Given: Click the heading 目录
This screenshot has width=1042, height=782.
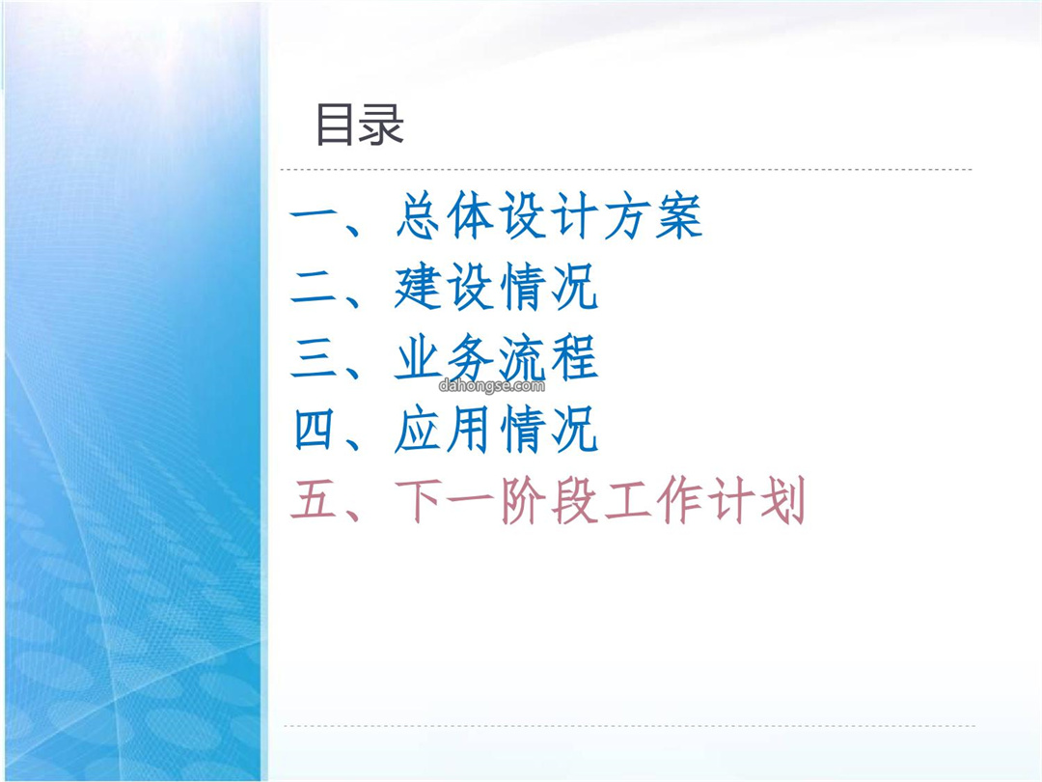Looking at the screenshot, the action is click(360, 125).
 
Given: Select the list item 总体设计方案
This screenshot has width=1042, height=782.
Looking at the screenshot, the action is click(549, 215).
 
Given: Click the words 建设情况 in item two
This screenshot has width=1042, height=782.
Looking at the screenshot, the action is click(497, 287).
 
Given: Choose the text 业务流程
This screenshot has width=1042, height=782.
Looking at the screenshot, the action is click(497, 358).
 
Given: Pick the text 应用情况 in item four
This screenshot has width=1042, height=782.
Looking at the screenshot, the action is click(497, 430).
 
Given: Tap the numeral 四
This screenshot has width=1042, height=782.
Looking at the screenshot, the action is click(315, 430).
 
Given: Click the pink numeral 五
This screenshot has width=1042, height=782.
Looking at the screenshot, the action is click(315, 501).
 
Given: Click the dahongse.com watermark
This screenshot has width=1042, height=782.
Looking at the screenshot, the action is click(492, 385).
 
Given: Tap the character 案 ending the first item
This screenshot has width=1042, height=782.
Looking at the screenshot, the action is click(678, 215).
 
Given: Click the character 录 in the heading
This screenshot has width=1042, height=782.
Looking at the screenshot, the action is click(381, 125).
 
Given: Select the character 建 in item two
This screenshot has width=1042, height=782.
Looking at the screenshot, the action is click(419, 287).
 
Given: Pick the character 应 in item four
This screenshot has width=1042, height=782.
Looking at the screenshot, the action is click(419, 430).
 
